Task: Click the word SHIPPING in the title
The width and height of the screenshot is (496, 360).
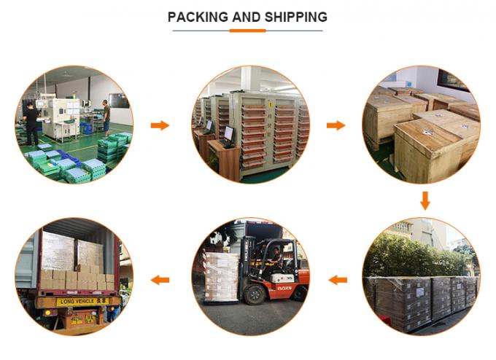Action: [295, 17]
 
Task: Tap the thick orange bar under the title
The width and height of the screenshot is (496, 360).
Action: [247, 31]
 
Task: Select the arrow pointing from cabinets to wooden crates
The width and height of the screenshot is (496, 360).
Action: [336, 125]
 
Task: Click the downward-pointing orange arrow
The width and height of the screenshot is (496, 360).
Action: [425, 200]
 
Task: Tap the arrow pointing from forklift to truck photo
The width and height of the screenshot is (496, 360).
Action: [160, 279]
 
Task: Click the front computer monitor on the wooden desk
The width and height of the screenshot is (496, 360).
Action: [228, 134]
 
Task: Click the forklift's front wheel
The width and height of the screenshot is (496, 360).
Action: [255, 294]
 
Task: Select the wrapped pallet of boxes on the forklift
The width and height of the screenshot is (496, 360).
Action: [221, 275]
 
